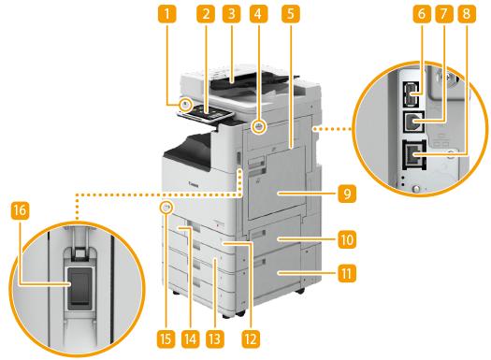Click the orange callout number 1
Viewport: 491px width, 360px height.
[x=166, y=14]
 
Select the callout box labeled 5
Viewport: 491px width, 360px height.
[x=291, y=14]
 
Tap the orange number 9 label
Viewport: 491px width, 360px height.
[x=347, y=194]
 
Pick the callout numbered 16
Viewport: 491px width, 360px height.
[x=20, y=210]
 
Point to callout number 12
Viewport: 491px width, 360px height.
[x=251, y=339]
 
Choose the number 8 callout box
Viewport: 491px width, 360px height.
[x=467, y=14]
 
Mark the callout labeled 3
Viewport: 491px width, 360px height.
[x=232, y=14]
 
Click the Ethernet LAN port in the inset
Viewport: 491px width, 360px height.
[x=414, y=155]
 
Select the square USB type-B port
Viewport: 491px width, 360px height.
[x=413, y=122]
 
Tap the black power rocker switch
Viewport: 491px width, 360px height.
[x=80, y=288]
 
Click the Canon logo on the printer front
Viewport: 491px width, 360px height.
[x=194, y=184]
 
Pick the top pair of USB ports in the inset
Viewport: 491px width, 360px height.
[x=411, y=94]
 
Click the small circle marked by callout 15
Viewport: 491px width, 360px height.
[x=166, y=207]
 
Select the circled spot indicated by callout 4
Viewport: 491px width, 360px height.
[x=258, y=126]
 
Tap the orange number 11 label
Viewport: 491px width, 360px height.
[x=347, y=273]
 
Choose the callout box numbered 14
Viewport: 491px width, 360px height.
[x=191, y=339]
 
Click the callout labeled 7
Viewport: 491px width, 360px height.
[x=444, y=14]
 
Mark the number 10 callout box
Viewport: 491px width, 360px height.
[x=347, y=239]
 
